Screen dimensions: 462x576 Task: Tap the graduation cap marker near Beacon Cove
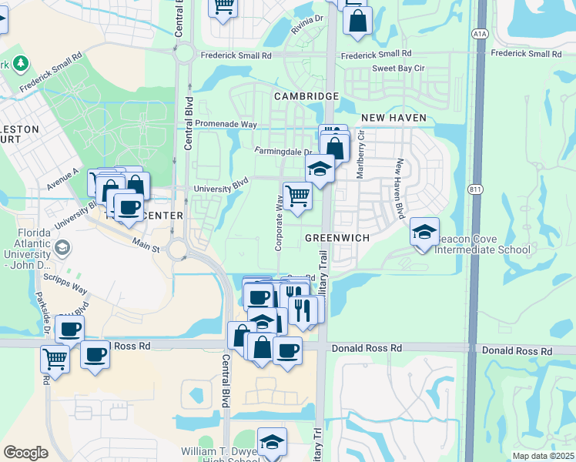pyautogui.click(x=424, y=232)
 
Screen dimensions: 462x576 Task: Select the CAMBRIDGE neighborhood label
pyautogui.click(x=306, y=96)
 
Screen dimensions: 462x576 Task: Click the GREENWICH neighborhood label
pyautogui.click(x=337, y=238)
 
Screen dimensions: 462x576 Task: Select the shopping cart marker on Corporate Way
pyautogui.click(x=297, y=196)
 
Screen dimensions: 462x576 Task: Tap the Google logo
pyautogui.click(x=25, y=452)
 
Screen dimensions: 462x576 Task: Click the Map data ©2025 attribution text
pyautogui.click(x=543, y=456)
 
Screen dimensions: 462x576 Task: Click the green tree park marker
pyautogui.click(x=21, y=62)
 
